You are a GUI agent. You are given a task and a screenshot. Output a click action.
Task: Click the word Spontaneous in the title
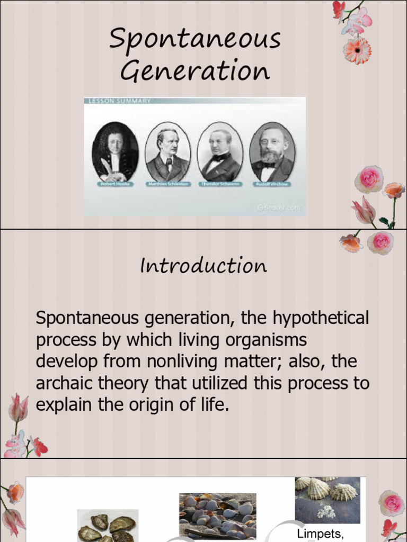195,40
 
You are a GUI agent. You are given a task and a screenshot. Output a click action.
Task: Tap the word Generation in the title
195,71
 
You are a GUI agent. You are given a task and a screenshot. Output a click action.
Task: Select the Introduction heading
203,266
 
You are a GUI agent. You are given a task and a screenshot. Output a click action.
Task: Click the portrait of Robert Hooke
115,152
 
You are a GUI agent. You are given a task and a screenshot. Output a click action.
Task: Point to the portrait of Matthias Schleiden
167,152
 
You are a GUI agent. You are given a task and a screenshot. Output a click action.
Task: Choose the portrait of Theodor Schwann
220,152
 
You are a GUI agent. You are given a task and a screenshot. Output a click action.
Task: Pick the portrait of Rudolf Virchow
272,152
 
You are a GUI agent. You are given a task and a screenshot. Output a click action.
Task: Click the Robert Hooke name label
115,184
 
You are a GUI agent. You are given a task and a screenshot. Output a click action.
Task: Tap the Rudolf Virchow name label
272,184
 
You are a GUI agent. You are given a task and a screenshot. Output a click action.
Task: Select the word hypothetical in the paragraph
321,319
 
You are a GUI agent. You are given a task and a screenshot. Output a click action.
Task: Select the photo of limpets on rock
328,500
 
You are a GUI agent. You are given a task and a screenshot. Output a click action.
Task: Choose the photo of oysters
107,526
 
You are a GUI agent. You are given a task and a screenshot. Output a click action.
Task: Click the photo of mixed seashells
217,516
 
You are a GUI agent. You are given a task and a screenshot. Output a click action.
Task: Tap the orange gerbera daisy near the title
357,51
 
